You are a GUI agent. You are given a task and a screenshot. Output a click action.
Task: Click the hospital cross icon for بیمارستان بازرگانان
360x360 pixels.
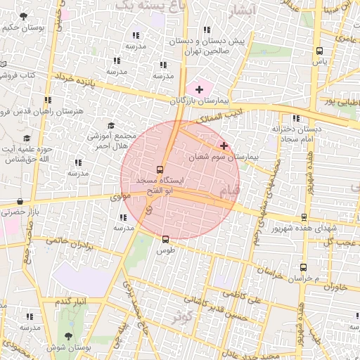pyautogui.click(x=200, y=89)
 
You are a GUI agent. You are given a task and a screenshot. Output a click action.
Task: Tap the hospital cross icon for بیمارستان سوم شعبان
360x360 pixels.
pyautogui.click(x=224, y=146)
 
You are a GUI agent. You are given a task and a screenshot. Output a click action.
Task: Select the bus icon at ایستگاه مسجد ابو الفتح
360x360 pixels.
pyautogui.click(x=160, y=169)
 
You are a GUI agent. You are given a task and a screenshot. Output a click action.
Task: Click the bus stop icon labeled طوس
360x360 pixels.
pyautogui.click(x=165, y=239)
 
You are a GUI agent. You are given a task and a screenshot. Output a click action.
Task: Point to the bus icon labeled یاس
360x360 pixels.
pyautogui.click(x=320, y=51)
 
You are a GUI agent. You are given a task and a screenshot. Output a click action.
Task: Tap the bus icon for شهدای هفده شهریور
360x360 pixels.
pyautogui.click(x=304, y=217)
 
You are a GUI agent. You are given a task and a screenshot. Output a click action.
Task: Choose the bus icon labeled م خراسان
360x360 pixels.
pyautogui.click(x=303, y=267)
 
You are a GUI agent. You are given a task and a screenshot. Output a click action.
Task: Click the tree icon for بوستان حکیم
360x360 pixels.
pyautogui.click(x=25, y=16)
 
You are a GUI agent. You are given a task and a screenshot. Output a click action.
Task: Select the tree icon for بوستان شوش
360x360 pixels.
pyautogui.click(x=67, y=336)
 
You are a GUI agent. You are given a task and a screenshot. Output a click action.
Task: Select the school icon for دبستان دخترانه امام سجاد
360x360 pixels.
pyautogui.click(x=296, y=118)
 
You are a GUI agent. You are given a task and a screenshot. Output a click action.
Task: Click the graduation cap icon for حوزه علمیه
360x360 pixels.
pyautogui.click(x=27, y=138)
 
